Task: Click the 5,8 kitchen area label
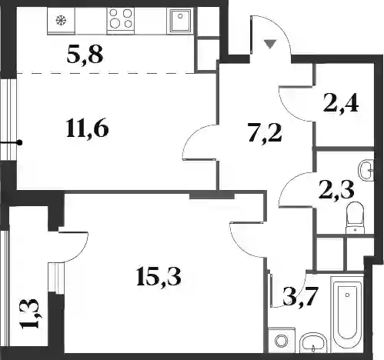click(85, 55)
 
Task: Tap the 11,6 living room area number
click(87, 128)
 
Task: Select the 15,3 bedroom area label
click(159, 276)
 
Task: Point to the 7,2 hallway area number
click(265, 132)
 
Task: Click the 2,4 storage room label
click(341, 103)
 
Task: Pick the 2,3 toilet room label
click(337, 190)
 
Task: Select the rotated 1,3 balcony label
click(31, 314)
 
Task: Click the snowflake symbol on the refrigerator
click(62, 20)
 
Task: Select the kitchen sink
click(180, 21)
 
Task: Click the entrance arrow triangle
click(270, 44)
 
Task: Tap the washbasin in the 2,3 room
click(366, 170)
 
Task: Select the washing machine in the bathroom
click(282, 340)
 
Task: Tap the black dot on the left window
click(19, 142)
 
